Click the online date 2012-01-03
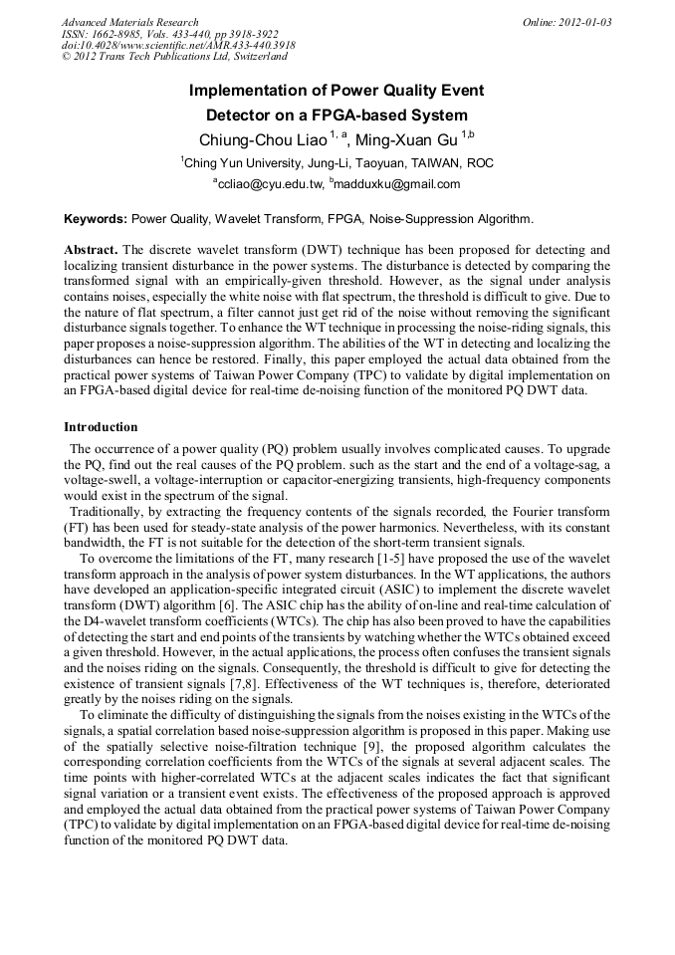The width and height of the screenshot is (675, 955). [x=581, y=22]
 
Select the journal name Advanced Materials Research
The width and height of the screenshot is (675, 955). [x=130, y=22]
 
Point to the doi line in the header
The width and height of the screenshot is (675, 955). [x=178, y=46]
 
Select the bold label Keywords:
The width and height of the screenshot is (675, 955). [x=96, y=218]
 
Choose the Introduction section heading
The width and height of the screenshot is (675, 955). [x=102, y=427]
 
